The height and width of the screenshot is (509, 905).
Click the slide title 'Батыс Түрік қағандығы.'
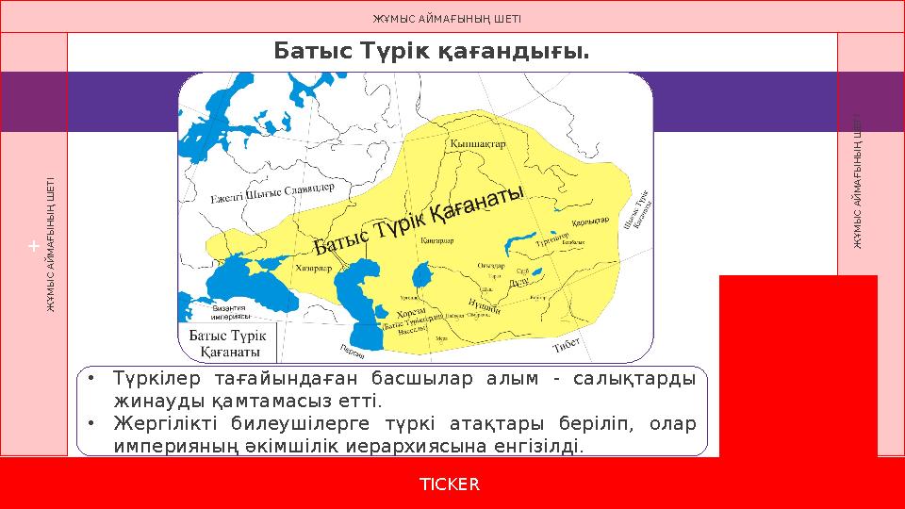pyautogui.click(x=432, y=50)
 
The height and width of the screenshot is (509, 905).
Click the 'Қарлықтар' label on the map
pyautogui.click(x=590, y=221)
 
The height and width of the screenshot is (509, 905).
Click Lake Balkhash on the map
pyautogui.click(x=524, y=239)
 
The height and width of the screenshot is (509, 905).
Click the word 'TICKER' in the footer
pyautogui.click(x=450, y=484)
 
